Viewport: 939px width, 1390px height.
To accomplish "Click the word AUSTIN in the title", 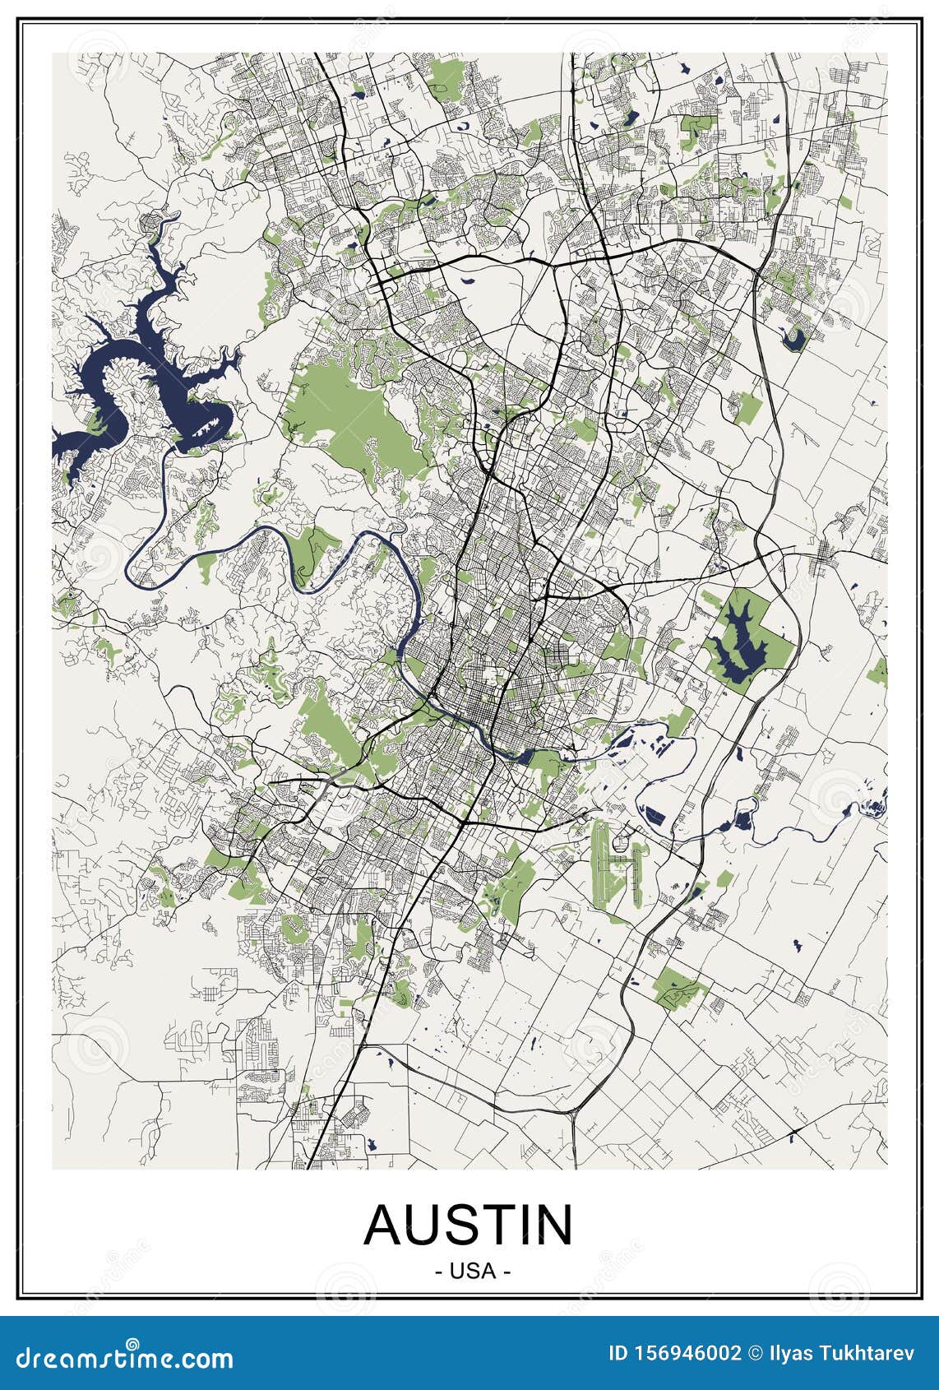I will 469,1226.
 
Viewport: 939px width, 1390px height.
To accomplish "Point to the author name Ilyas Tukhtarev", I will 844,1354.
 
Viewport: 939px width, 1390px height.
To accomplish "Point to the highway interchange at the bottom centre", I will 573,1112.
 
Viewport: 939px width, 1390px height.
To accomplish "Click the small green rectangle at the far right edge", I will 877,670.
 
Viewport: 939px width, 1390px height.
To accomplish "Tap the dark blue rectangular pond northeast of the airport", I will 655,816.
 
